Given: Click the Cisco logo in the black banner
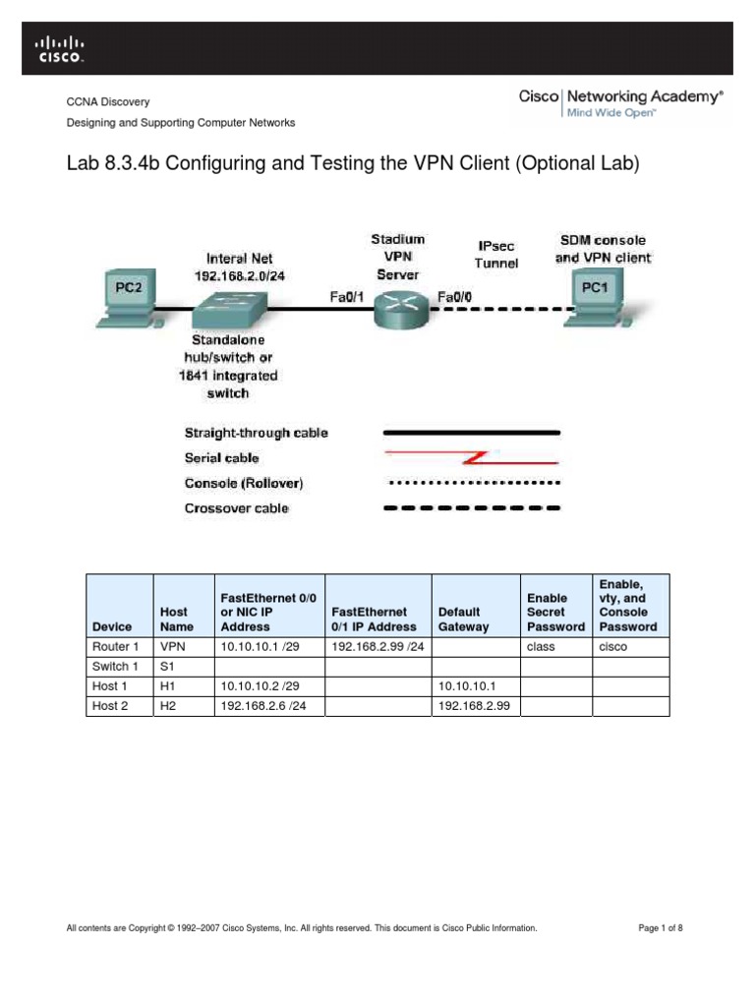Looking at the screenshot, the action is tap(60, 49).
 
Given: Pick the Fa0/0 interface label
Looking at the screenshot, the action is tap(453, 295).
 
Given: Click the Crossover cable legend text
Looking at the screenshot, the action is tap(237, 508).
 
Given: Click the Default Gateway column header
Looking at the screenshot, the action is tap(464, 619).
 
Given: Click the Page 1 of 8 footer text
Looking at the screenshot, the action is tap(661, 927).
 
